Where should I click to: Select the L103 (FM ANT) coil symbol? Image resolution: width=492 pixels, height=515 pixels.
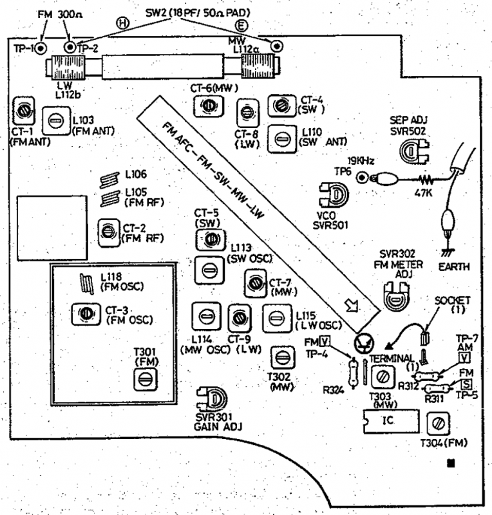point(55,120)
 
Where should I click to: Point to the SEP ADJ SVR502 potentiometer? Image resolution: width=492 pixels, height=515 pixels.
point(410,150)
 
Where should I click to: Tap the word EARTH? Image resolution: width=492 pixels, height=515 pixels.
point(453,266)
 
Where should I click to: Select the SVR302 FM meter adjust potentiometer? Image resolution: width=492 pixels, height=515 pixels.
point(395,295)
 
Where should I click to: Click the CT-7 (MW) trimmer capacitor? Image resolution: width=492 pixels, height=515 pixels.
point(254,282)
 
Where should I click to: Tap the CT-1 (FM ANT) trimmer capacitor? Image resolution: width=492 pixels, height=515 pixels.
point(25,110)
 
